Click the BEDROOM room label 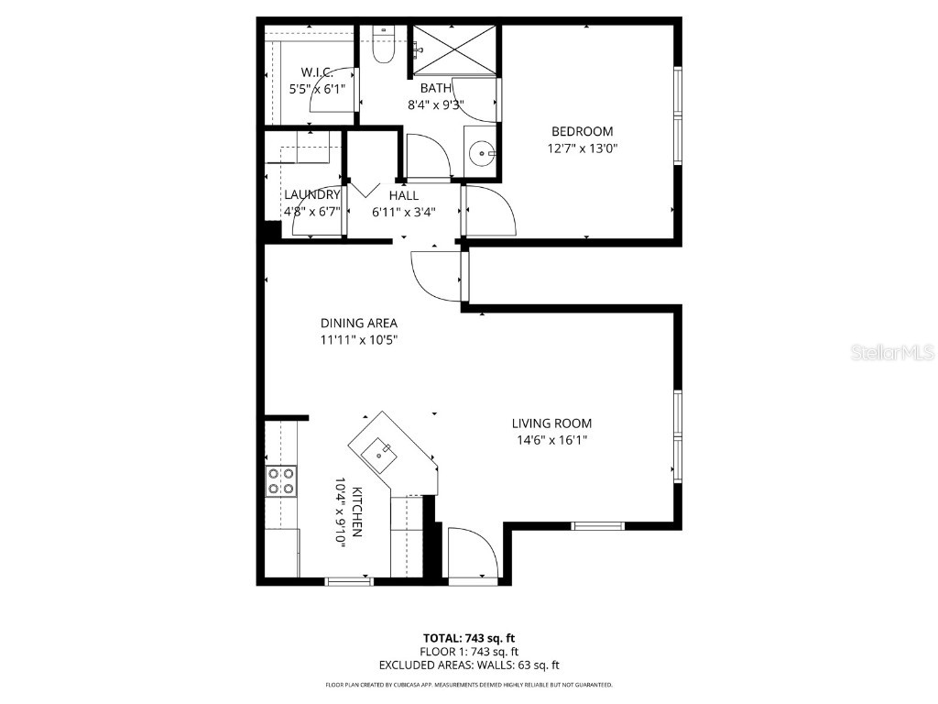click(582, 131)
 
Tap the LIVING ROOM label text click(551, 423)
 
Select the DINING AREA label click(358, 323)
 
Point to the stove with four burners click(281, 481)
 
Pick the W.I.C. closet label click(317, 72)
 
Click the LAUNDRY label click(311, 194)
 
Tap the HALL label click(403, 195)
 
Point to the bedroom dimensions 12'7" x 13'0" click(582, 148)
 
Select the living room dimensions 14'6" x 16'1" click(551, 440)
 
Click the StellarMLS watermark click(891, 352)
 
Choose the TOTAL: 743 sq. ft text click(469, 638)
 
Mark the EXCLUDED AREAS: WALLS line click(469, 665)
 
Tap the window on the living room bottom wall click(598, 525)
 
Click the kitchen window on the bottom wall click(349, 581)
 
